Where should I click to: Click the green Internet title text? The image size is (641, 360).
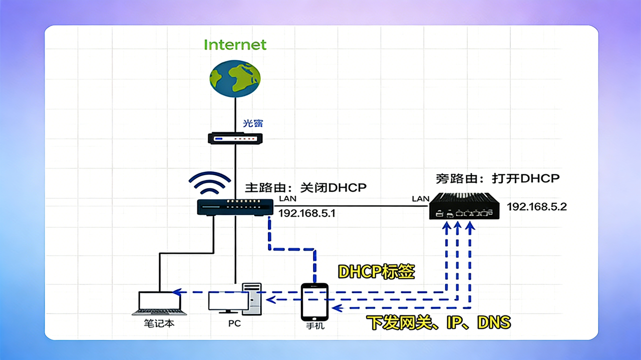tap(235, 45)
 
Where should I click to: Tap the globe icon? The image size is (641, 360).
tap(235, 78)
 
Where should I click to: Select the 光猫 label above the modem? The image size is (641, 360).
tap(253, 123)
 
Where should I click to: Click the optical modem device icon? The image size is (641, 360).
tap(235, 138)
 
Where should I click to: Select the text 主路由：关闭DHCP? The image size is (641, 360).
tap(305, 188)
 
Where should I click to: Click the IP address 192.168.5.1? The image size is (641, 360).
tap(306, 213)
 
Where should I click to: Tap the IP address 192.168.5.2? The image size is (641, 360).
tap(537, 206)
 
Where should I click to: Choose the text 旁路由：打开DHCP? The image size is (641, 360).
tap(497, 178)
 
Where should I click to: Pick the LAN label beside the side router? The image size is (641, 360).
tap(420, 199)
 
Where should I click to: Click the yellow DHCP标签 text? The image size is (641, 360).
tap(376, 271)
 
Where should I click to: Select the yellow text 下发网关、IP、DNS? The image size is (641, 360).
tap(438, 322)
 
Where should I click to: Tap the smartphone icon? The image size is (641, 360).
tap(314, 302)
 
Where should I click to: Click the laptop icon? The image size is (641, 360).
tap(159, 303)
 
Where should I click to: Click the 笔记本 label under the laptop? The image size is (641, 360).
tap(159, 323)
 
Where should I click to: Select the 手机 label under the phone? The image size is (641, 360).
tap(315, 326)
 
